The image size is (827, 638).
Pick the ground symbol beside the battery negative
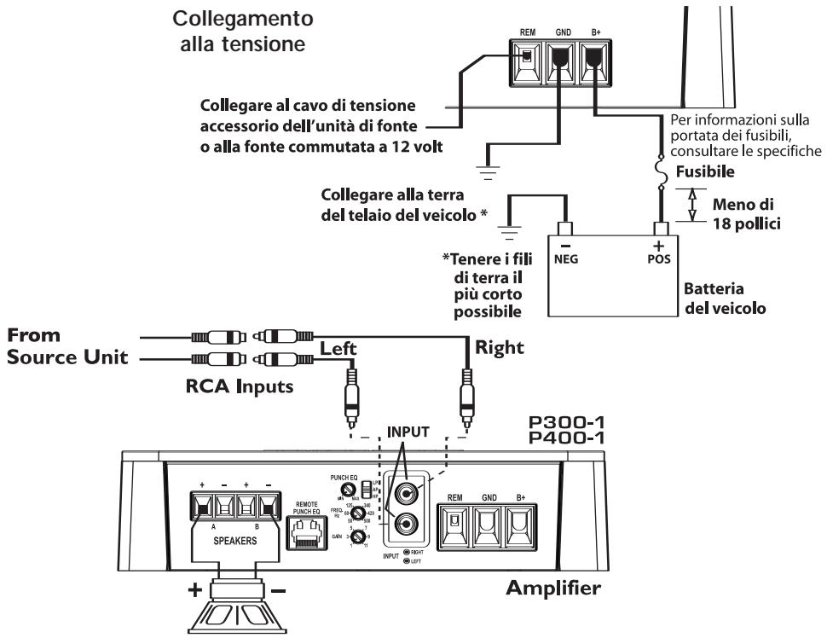508,228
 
